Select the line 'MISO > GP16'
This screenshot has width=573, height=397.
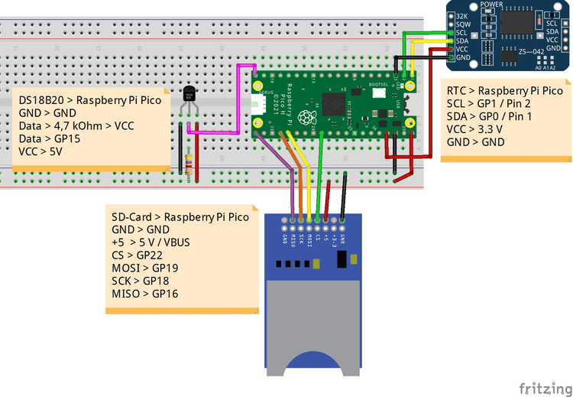click(145, 293)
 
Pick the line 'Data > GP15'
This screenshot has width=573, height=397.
click(50, 138)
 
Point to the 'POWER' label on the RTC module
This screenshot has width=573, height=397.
click(491, 5)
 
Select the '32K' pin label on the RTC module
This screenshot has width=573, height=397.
click(462, 16)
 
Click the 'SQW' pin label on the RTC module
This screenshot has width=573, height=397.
click(462, 25)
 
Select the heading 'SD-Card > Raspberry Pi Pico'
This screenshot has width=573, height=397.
click(180, 216)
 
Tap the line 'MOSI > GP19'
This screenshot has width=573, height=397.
click(145, 267)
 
